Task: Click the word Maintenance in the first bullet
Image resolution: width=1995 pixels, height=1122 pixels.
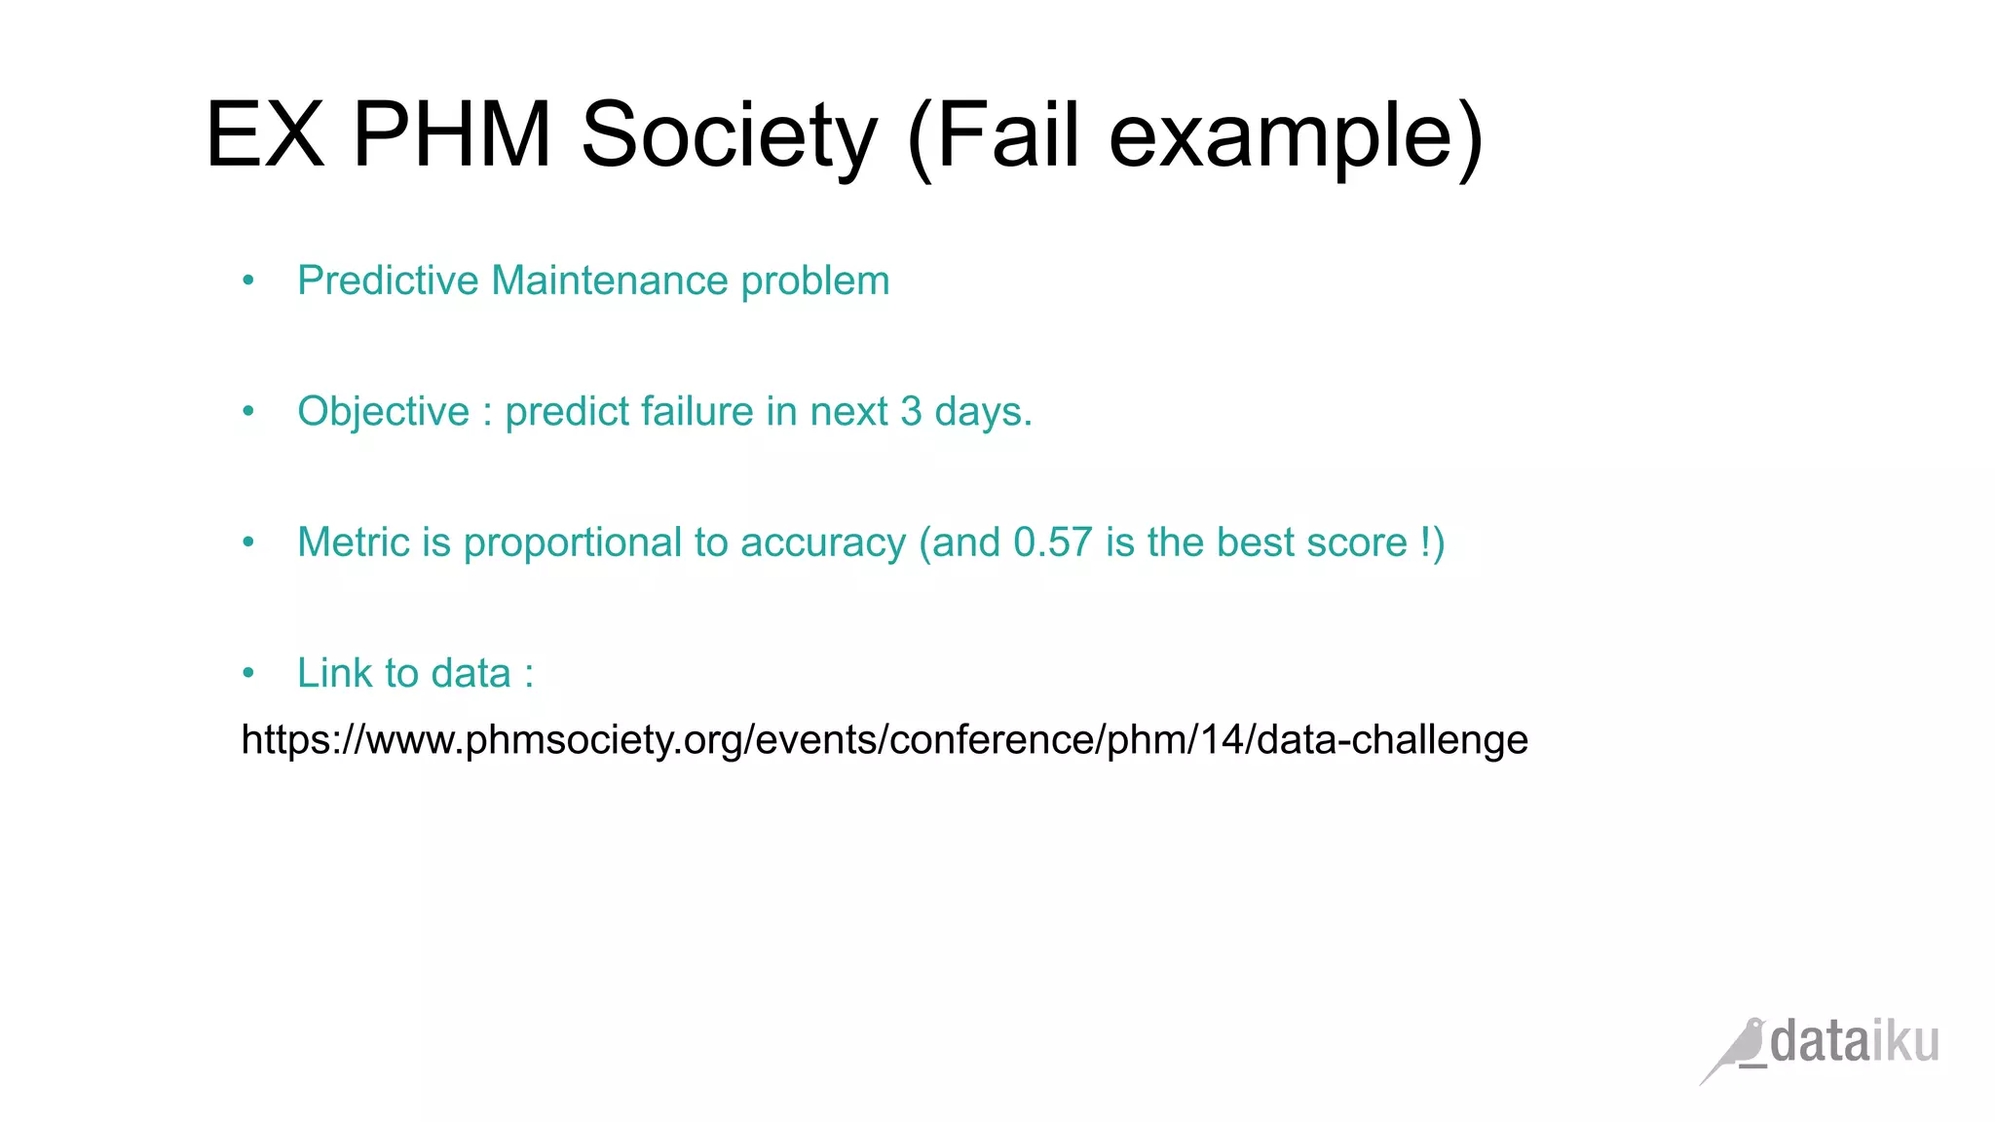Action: coord(610,280)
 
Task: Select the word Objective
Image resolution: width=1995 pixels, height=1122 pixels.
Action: coord(383,411)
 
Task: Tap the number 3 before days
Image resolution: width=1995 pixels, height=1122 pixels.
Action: coord(911,411)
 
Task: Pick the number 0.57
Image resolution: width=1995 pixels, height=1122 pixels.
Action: coord(1052,542)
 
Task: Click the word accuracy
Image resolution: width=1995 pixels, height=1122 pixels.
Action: coord(823,543)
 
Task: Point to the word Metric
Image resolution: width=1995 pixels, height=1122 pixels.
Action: coord(354,542)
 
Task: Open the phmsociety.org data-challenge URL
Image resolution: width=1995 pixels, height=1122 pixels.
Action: coord(885,740)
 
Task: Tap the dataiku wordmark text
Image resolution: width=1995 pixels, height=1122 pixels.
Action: coord(1854,1042)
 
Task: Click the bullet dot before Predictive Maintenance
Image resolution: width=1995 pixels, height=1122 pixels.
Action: coord(248,281)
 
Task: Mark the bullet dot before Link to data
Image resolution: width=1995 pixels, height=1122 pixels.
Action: coord(248,673)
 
